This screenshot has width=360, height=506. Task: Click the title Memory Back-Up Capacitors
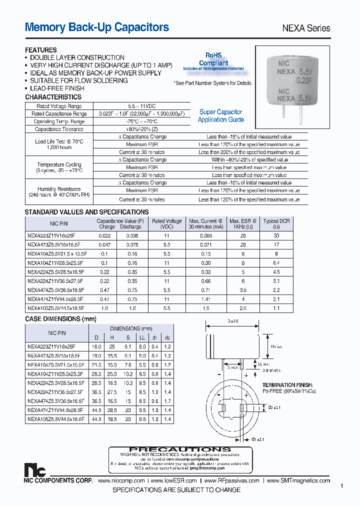click(x=97, y=27)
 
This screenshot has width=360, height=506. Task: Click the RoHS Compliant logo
click(x=213, y=60)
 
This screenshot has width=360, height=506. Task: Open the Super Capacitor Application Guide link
click(x=220, y=116)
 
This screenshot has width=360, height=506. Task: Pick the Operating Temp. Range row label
click(x=59, y=121)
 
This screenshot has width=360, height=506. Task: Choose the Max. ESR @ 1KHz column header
click(x=242, y=223)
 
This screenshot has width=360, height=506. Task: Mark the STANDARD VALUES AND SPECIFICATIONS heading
click(x=86, y=212)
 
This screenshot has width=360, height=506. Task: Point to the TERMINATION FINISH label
click(x=287, y=385)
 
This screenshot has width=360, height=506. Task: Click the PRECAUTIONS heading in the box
click(x=180, y=449)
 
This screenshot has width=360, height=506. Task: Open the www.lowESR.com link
click(x=174, y=480)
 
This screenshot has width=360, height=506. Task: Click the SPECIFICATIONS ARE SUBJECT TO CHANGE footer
click(x=176, y=490)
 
